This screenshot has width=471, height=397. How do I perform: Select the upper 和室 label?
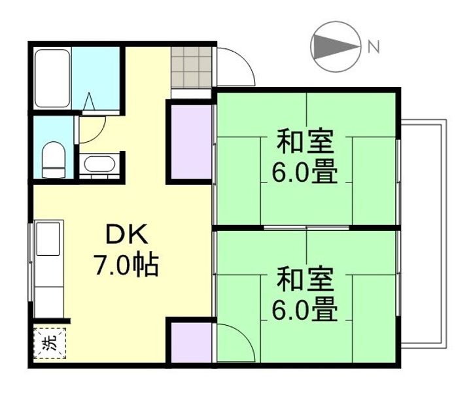(305, 142)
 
